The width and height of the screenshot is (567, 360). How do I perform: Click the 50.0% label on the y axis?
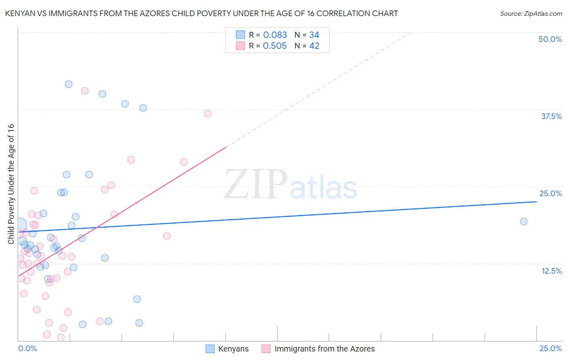coord(550,39)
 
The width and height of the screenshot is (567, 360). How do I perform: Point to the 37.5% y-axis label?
coord(551,116)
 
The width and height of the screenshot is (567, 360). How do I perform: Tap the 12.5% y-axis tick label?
coord(551,271)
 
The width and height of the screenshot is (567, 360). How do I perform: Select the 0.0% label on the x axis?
coord(27,348)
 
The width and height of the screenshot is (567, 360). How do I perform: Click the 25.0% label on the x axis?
coord(550,348)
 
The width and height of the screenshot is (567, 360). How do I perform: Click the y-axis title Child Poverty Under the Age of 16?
coord(11,184)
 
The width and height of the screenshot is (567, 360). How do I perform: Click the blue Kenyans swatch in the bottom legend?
coord(210,349)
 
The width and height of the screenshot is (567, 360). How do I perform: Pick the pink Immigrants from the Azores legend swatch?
coord(266,349)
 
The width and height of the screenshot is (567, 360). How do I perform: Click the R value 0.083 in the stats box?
coord(275,35)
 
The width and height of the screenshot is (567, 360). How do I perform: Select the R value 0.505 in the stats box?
coord(275,46)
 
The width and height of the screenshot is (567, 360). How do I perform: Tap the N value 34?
coord(314,35)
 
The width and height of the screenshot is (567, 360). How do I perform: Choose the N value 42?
coord(314,46)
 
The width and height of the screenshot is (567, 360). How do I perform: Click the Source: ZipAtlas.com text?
coord(531,14)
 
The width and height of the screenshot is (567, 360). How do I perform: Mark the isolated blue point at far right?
coord(523,221)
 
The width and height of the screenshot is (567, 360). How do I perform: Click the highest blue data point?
coord(69,84)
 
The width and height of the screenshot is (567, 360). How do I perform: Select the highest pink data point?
coord(85,91)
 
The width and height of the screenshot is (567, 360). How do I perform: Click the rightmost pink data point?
coord(208,113)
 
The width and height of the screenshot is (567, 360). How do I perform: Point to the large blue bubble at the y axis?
coord(20,225)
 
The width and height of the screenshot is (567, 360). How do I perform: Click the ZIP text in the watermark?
coord(256,184)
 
